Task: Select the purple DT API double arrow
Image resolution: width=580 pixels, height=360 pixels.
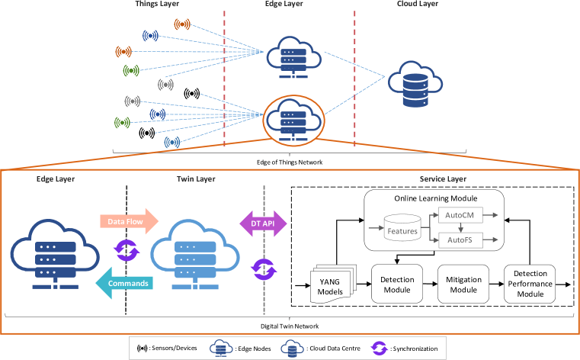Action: click(263, 223)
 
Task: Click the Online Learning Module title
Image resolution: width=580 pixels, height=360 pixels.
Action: click(432, 198)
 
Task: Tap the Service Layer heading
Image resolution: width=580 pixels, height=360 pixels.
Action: click(443, 179)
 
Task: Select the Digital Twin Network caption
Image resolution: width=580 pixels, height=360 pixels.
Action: click(290, 326)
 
